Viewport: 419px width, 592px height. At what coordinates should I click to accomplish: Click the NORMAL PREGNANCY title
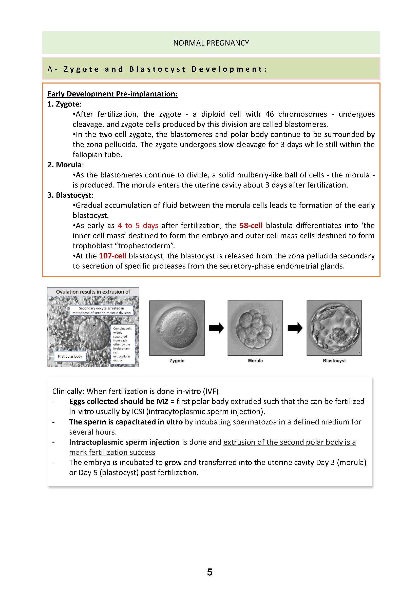coord(211,43)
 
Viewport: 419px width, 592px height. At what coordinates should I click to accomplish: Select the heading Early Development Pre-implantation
coord(112,94)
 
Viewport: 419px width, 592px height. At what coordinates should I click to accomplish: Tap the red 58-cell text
coord(251,226)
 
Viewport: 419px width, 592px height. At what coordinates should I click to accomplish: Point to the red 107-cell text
coord(112,256)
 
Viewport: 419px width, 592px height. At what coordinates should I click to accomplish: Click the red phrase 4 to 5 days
coord(138,226)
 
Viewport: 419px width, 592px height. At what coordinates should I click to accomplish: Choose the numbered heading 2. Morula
coord(65,165)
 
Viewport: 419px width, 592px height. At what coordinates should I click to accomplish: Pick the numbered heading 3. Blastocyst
coord(70,195)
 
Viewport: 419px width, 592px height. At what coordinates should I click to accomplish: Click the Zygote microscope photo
coord(177,328)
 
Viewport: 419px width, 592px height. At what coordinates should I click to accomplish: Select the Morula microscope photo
coord(255,328)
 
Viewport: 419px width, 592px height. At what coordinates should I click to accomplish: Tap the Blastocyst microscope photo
coord(334,328)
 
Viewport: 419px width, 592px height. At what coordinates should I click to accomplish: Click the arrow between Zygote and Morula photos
coord(216,328)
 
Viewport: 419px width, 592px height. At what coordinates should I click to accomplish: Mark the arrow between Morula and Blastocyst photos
coord(295,328)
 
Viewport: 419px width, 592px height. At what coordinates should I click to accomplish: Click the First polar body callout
coord(70,356)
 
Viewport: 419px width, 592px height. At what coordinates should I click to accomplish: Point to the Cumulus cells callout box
coord(123,344)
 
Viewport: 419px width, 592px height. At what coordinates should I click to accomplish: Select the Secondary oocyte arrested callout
coord(101,311)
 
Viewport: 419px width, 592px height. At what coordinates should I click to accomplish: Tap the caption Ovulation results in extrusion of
coord(93,292)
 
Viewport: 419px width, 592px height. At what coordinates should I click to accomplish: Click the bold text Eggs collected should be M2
coord(118,401)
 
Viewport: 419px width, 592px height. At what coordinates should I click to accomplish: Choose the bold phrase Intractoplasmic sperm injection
coord(124,442)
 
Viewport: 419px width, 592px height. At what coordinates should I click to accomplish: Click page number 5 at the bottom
coord(210,572)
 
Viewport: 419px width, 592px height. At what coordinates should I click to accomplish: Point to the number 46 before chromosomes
coord(270,114)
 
